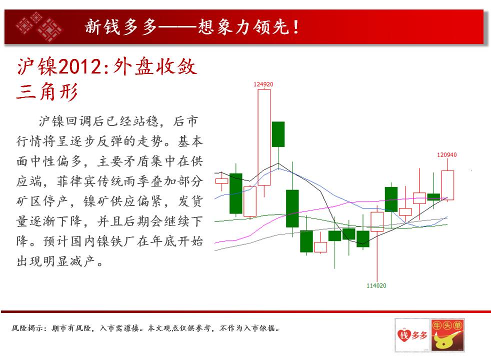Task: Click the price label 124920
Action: pyautogui.click(x=263, y=84)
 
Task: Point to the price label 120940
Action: pyautogui.click(x=447, y=154)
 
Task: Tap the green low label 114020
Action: pyautogui.click(x=376, y=285)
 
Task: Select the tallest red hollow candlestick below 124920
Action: pyautogui.click(x=264, y=137)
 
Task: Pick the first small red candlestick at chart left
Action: pyautogui.click(x=221, y=181)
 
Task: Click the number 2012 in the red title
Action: pyautogui.click(x=80, y=66)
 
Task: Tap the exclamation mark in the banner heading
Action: pyautogui.click(x=295, y=27)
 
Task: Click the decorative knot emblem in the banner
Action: pyautogui.click(x=39, y=27)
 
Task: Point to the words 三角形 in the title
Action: pyautogui.click(x=47, y=91)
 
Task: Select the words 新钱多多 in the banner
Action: pyautogui.click(x=121, y=27)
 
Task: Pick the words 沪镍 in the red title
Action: pyautogui.click(x=37, y=66)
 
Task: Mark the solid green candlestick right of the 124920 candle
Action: pyautogui.click(x=278, y=134)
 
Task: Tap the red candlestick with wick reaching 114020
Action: pyautogui.click(x=377, y=222)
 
